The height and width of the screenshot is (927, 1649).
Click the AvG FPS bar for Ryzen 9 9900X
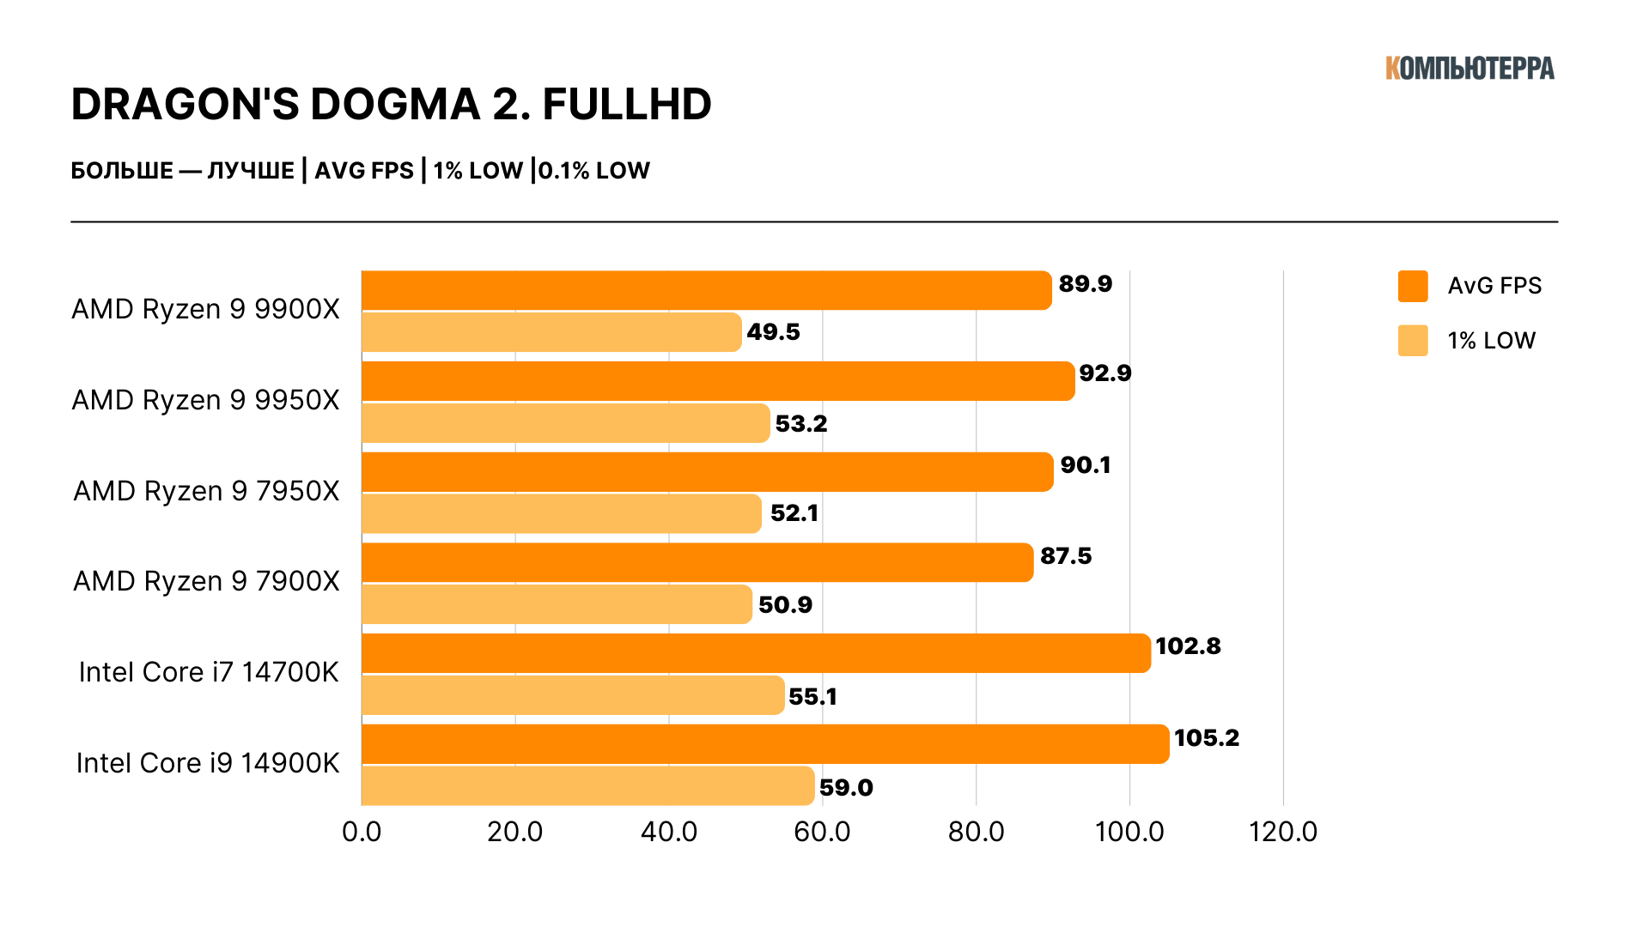706,290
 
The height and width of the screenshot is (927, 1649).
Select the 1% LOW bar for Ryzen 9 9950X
565,423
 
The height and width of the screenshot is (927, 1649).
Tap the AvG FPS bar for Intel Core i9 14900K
764,743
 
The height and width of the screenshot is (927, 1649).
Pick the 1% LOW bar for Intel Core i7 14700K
573,695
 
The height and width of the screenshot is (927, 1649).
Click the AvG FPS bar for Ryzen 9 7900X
697,562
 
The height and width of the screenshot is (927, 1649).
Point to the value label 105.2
1206,738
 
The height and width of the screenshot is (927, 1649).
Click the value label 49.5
773,332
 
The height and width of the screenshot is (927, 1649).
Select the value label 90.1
1086,465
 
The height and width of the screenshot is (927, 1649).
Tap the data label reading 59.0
846,788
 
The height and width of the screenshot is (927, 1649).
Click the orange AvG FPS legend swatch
1413,286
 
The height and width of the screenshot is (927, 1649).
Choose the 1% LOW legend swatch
1413,341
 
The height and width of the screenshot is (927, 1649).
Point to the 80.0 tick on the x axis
976,832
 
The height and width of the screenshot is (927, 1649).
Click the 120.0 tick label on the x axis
1283,832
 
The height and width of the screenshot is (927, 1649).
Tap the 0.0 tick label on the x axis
362,832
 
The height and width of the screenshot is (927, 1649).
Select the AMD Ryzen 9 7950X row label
206,491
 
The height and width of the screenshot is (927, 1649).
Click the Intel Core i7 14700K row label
209,672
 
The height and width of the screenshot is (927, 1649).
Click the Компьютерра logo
1469,69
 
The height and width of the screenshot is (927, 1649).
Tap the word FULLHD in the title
627,105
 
